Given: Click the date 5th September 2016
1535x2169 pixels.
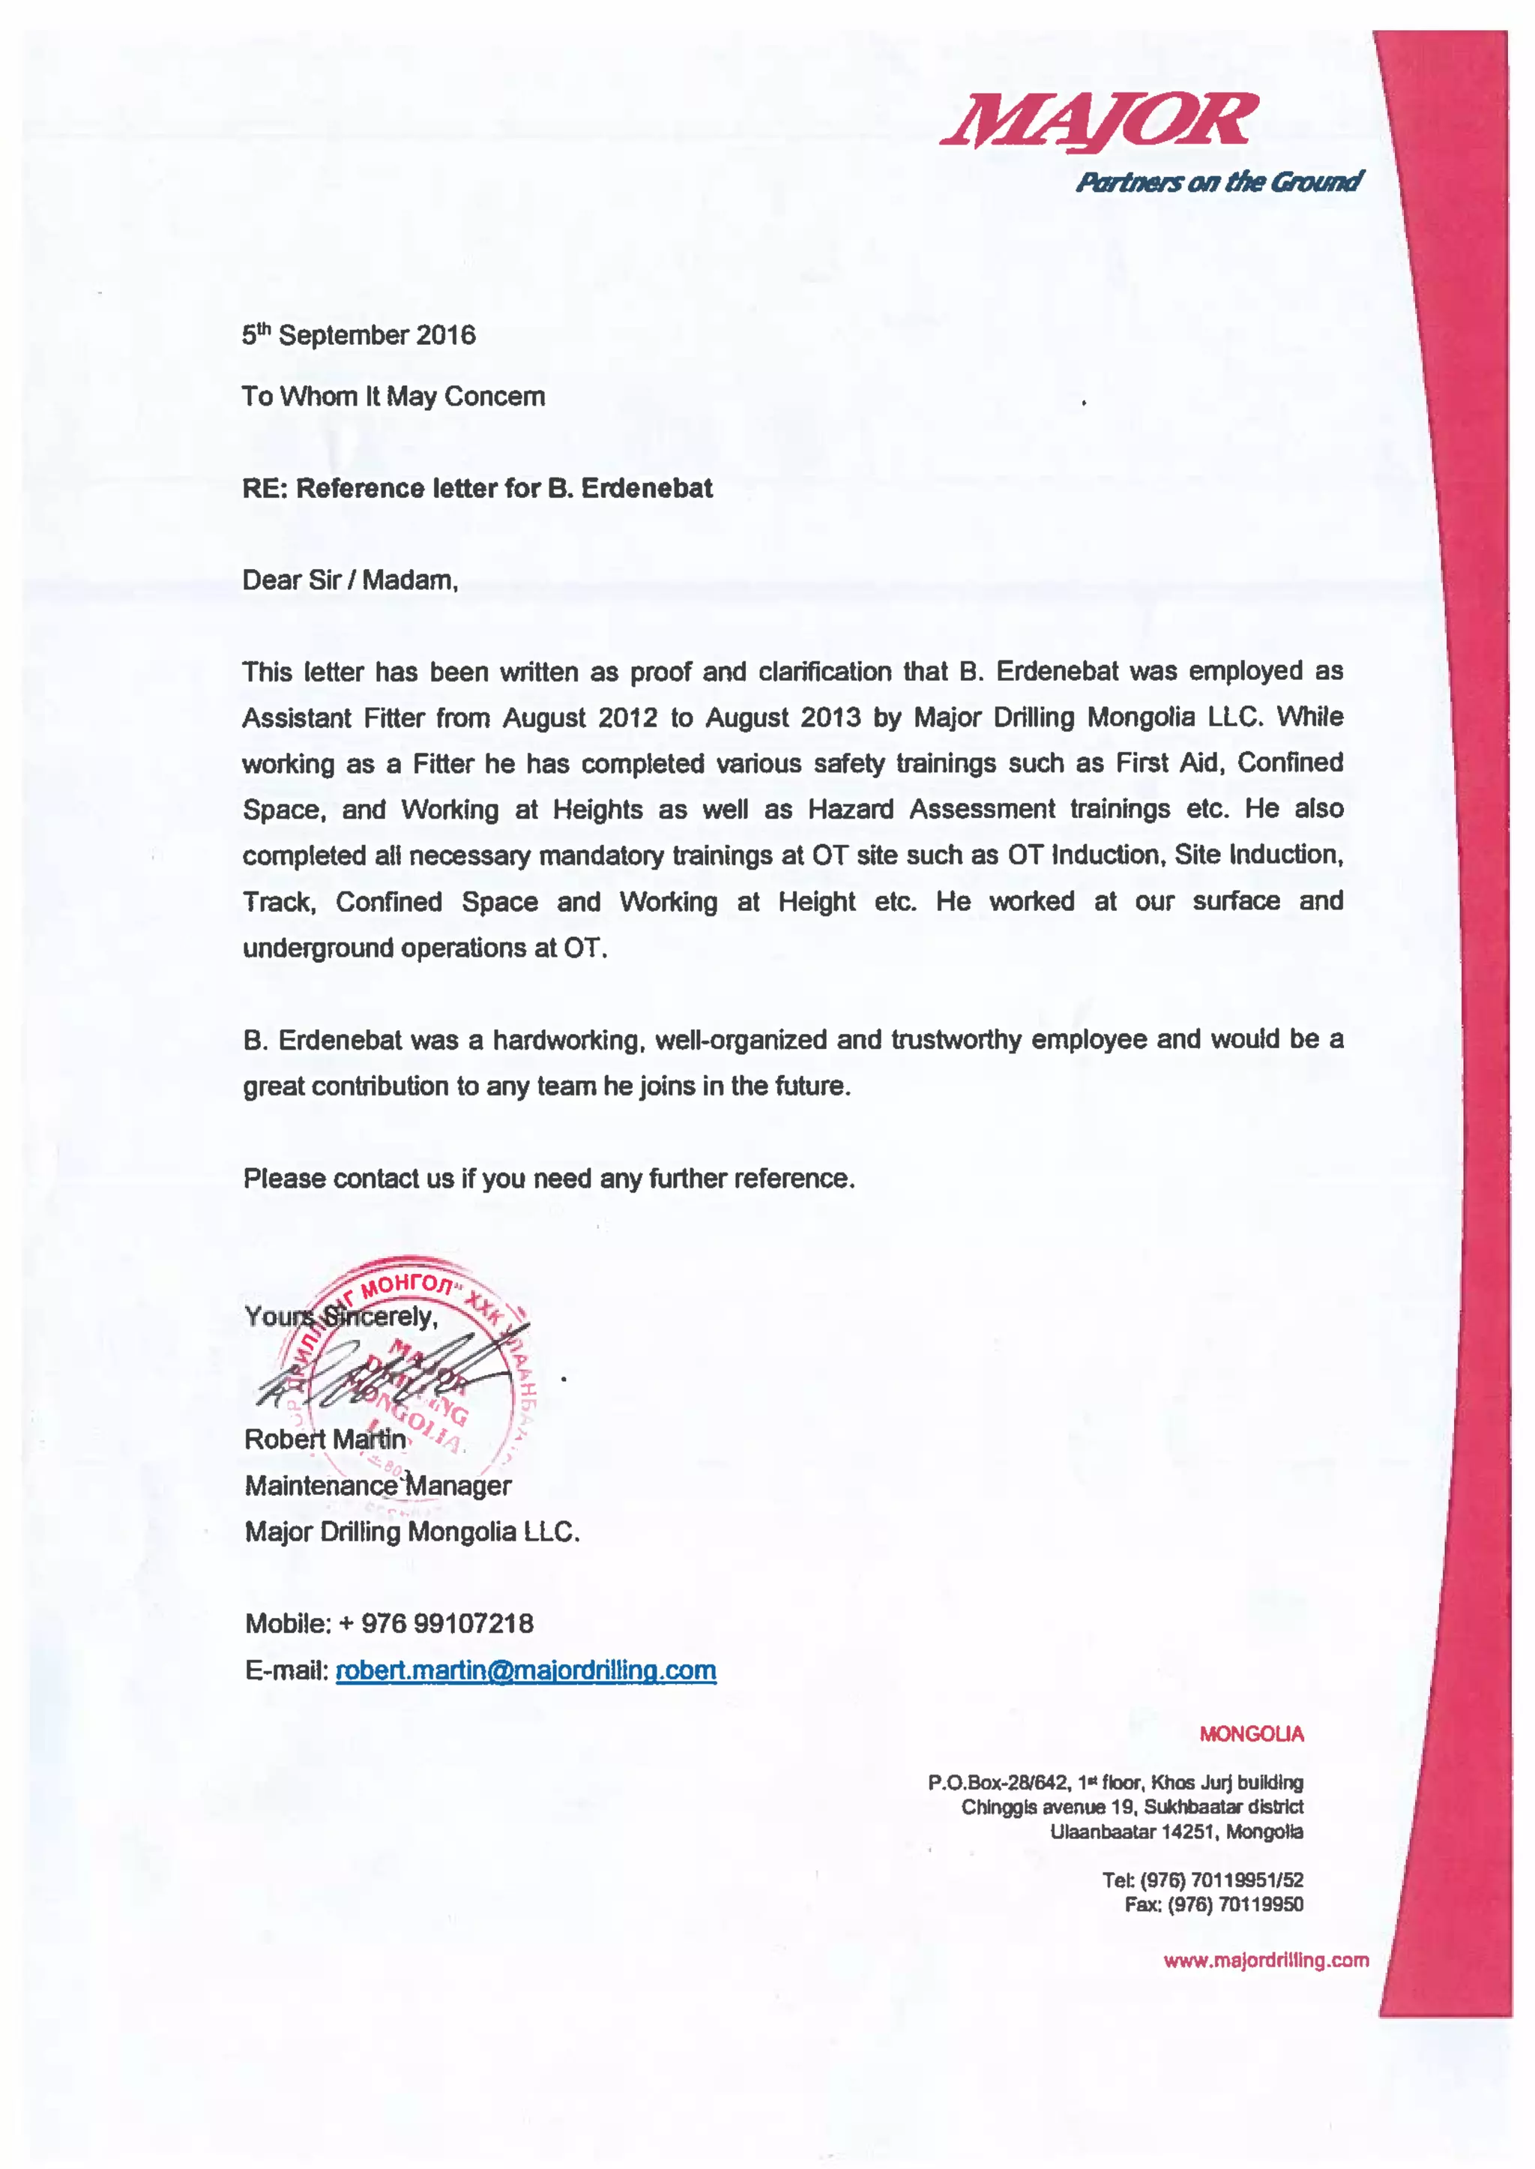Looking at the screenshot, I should point(358,336).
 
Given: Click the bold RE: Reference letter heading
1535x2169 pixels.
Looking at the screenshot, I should point(477,489).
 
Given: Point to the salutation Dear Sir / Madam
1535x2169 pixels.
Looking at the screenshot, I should point(350,580).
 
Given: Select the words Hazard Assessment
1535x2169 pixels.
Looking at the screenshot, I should point(931,810).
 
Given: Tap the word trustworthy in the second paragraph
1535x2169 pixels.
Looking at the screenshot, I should point(956,1040).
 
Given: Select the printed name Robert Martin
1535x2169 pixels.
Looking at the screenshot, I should point(325,1439).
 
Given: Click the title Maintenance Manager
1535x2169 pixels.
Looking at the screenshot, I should point(377,1485).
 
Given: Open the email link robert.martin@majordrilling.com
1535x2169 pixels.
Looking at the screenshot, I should point(525,1670).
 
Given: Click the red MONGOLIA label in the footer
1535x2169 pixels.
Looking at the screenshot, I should point(1252,1734).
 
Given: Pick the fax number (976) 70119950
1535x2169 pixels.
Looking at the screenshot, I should point(1234,1904).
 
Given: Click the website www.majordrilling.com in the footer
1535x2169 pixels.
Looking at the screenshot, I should point(1266,1960).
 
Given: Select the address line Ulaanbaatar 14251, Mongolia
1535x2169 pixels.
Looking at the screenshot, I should point(1176,1832).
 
